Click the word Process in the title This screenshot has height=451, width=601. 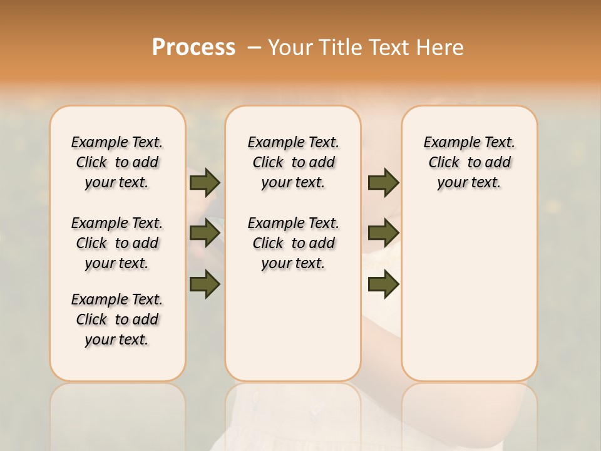tap(193, 48)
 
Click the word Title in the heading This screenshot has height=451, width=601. tap(341, 48)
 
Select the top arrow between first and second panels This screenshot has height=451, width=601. tap(205, 182)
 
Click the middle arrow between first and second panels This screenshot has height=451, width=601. tap(205, 233)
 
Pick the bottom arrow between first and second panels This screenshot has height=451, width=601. tap(205, 284)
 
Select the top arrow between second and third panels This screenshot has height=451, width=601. tap(383, 182)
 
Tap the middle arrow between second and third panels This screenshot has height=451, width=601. tap(383, 233)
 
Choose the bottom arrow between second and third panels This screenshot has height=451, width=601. tap(383, 284)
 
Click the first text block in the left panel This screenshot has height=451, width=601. tap(117, 162)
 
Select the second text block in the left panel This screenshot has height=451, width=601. tap(117, 243)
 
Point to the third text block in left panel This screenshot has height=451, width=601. tap(117, 319)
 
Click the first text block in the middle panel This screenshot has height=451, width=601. tap(293, 162)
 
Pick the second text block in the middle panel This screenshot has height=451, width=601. tap(293, 243)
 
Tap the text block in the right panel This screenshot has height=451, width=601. tap(469, 162)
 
